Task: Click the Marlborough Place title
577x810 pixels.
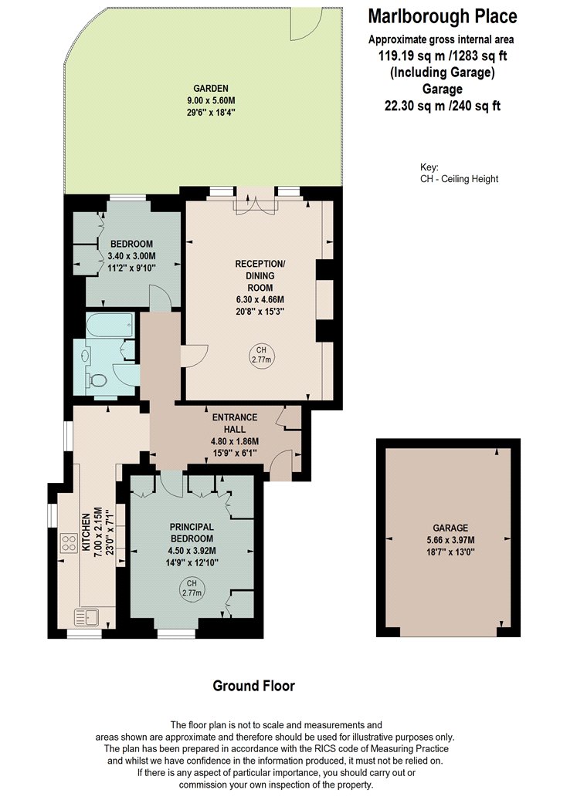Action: (x=442, y=16)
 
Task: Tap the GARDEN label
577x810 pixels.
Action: (x=210, y=89)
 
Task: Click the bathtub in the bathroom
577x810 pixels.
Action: (x=110, y=326)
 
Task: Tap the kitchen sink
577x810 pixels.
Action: (x=87, y=617)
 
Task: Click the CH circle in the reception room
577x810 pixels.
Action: (x=261, y=356)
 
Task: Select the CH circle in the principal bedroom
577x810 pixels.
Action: (x=192, y=589)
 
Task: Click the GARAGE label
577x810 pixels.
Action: (x=450, y=528)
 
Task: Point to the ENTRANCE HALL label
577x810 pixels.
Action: (x=235, y=423)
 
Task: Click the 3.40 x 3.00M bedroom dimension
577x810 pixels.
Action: (x=131, y=255)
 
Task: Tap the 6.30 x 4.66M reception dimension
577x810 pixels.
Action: (x=260, y=299)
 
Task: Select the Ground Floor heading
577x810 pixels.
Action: (x=254, y=686)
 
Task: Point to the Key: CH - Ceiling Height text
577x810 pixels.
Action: (x=459, y=174)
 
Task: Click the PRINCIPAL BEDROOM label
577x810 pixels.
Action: (x=192, y=532)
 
